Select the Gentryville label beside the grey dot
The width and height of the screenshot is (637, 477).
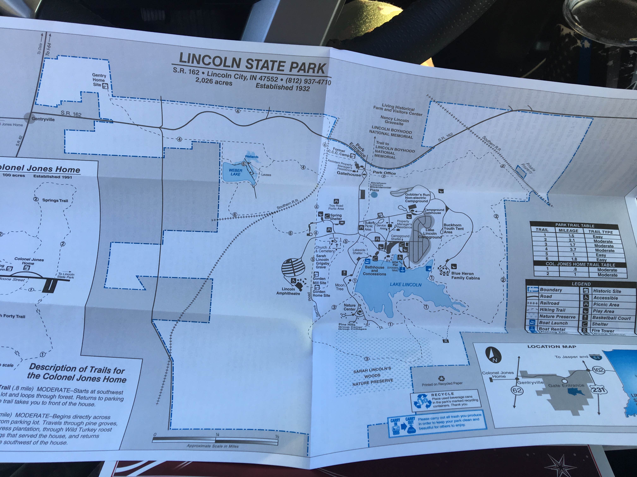[43, 119]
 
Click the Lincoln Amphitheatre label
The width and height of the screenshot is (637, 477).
[288, 291]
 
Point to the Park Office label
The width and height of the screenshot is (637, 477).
[384, 173]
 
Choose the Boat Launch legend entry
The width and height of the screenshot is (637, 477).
[553, 323]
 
